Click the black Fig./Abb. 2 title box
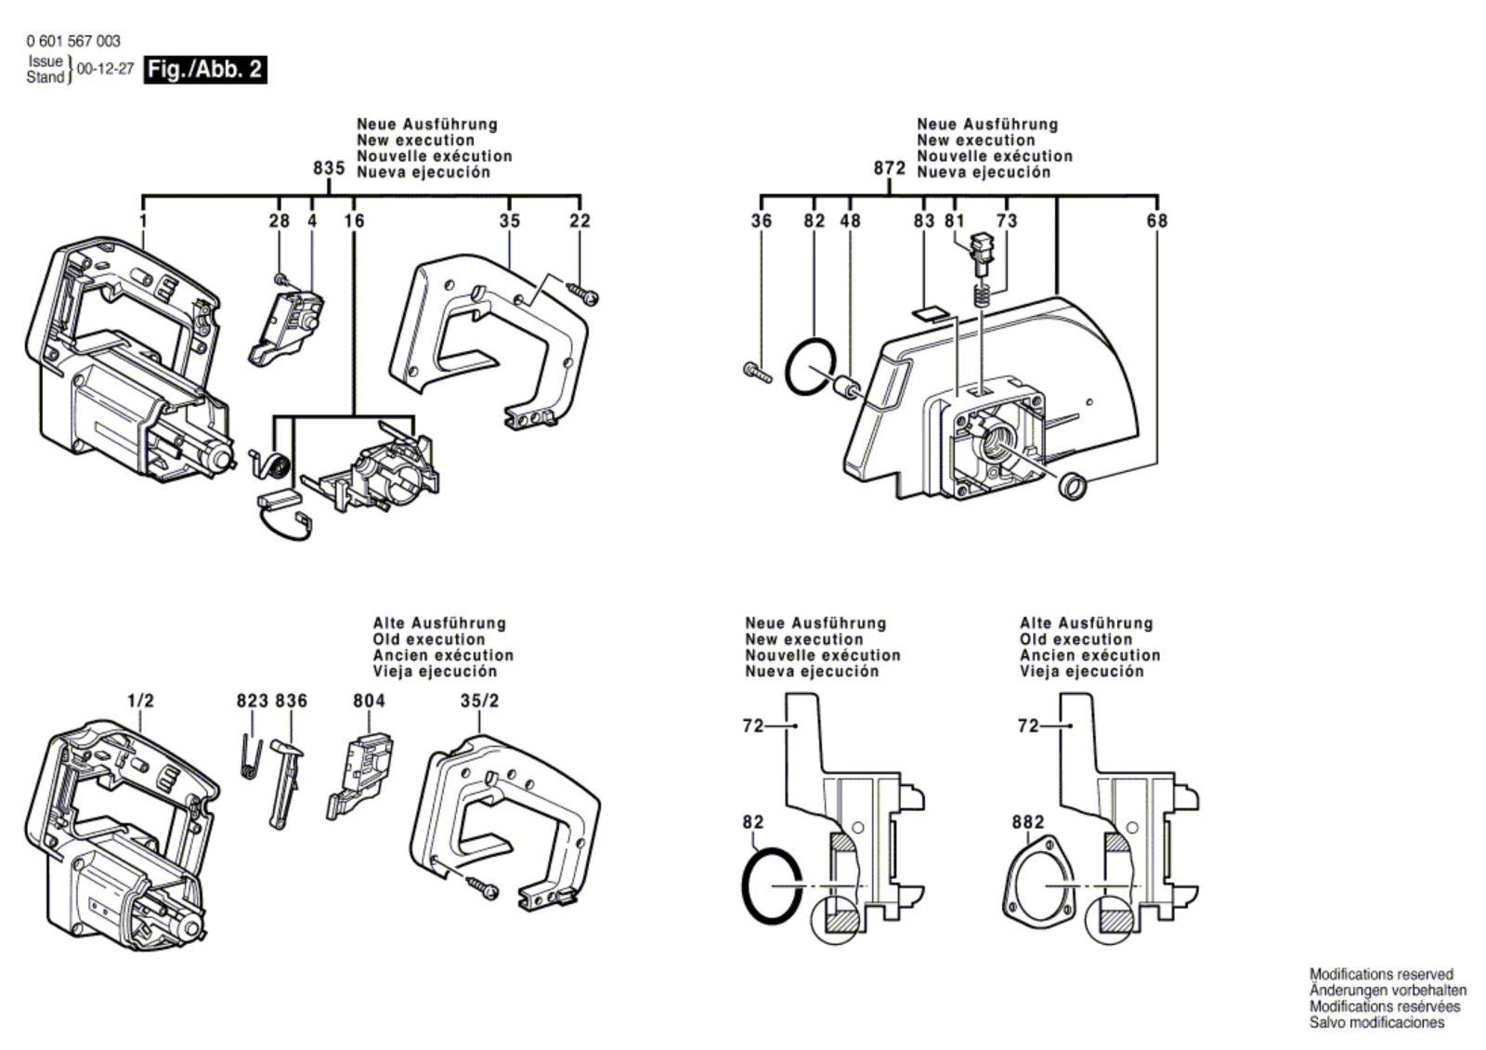tap(205, 70)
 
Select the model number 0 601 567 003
tap(73, 42)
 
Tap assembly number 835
tap(329, 168)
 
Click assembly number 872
tap(889, 168)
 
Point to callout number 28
tap(279, 221)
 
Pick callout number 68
tap(1157, 221)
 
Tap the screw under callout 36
tap(758, 372)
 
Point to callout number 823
tap(252, 701)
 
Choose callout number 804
tap(369, 701)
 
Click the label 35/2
tap(479, 701)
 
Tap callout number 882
tap(1028, 822)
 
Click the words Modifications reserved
tap(1381, 975)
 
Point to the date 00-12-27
tap(105, 70)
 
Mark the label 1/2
tap(141, 701)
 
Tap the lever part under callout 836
tap(286, 781)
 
